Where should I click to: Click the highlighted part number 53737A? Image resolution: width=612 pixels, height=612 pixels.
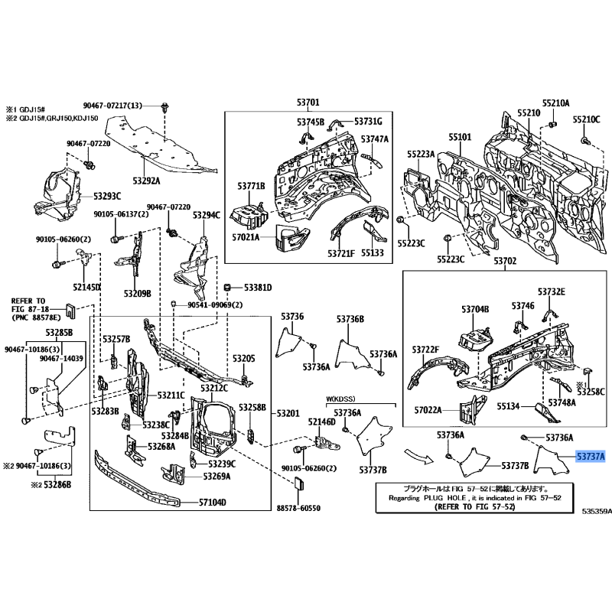(591, 457)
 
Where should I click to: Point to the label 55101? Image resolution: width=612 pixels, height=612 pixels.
(461, 137)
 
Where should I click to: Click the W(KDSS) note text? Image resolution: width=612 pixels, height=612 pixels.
(341, 399)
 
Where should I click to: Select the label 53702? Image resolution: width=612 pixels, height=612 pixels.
(505, 262)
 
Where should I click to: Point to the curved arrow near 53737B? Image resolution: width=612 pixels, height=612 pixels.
(419, 456)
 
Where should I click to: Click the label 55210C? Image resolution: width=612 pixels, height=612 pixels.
(588, 121)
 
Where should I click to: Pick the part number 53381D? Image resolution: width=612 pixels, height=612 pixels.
(258, 288)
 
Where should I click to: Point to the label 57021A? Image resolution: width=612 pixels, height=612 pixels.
(246, 238)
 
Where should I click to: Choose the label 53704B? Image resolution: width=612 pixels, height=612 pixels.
(474, 309)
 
